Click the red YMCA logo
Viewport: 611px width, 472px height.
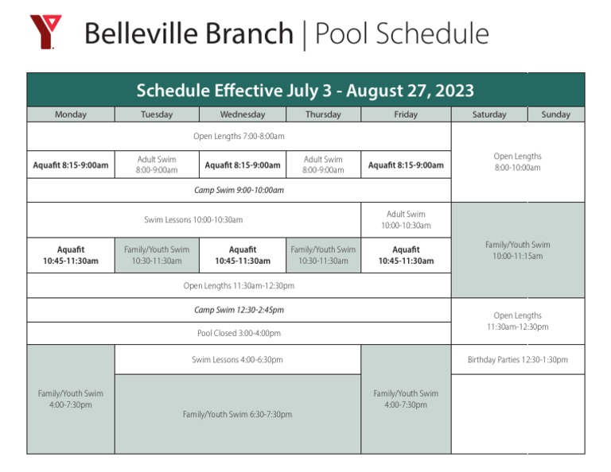point(45,32)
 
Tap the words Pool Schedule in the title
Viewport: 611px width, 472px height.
point(402,34)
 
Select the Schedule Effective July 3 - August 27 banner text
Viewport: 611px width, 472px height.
point(305,91)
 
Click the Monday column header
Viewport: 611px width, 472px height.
point(71,114)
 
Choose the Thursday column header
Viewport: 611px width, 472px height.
point(323,114)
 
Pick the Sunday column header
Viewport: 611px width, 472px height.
point(555,114)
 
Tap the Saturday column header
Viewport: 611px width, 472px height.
point(489,114)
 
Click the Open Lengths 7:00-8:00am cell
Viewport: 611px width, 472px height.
point(239,137)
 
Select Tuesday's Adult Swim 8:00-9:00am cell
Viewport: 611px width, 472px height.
point(157,165)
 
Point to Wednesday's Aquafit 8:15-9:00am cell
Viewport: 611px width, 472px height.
point(243,165)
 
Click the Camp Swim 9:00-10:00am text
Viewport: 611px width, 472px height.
point(239,191)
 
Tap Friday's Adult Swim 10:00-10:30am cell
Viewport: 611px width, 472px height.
point(406,220)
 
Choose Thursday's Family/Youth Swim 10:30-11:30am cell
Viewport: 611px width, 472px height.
point(323,255)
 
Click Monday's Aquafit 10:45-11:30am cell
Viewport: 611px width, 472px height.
point(71,255)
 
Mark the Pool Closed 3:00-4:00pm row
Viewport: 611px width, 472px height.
point(239,334)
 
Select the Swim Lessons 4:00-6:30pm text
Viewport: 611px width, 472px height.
point(237,360)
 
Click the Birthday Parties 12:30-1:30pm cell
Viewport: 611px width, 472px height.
point(517,360)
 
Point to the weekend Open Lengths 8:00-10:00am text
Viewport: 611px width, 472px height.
point(517,162)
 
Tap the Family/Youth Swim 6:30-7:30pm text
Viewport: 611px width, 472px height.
point(237,415)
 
